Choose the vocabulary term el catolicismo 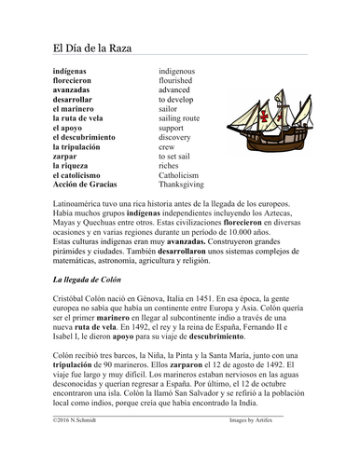(82, 176)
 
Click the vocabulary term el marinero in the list (77, 108)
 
